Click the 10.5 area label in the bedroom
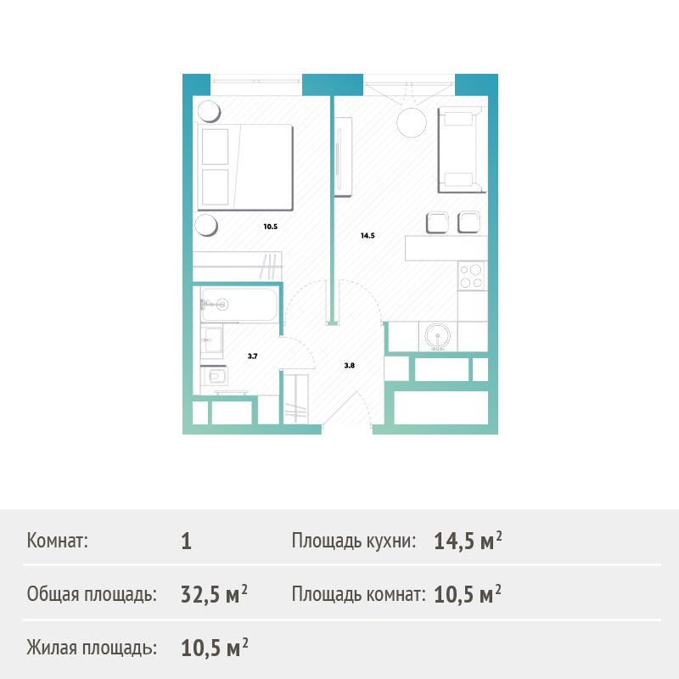270,227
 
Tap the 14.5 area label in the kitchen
368,236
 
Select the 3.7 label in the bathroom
252,356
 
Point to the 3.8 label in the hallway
350,366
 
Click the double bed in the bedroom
245,167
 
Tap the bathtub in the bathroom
239,305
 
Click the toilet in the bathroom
215,376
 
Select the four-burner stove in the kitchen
472,276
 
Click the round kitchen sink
437,336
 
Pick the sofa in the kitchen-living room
460,150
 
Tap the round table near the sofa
412,122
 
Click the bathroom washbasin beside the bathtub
211,341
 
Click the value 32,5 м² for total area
215,594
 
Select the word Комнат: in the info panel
57,541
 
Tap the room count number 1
186,542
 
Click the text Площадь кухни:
354,541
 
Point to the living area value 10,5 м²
215,648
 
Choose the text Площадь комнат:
358,594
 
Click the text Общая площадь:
92,594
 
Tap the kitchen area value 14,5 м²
469,541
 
